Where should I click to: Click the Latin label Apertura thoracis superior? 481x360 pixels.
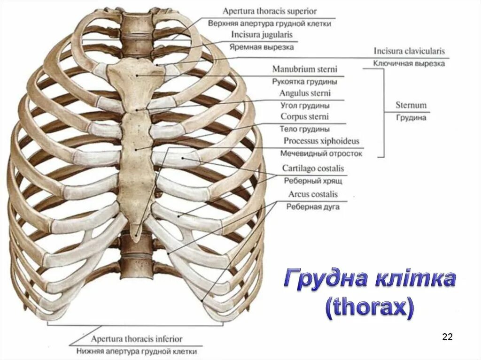(270, 11)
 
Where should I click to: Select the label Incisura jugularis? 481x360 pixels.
(262, 35)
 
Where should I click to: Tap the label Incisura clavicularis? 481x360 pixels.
(409, 51)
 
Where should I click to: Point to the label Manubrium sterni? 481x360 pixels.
(304, 69)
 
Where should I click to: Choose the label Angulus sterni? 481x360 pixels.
(305, 93)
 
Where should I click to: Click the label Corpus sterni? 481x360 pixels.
(305, 116)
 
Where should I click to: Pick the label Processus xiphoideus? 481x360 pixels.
(321, 141)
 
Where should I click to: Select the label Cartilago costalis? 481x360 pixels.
(313, 168)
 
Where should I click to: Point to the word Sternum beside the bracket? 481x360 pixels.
(411, 106)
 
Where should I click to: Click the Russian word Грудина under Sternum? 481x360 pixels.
(411, 118)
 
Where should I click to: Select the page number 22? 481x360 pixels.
(447, 337)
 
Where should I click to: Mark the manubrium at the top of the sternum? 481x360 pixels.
(136, 75)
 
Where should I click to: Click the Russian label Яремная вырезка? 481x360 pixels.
(262, 47)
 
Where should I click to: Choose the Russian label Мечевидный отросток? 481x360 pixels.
(321, 153)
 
